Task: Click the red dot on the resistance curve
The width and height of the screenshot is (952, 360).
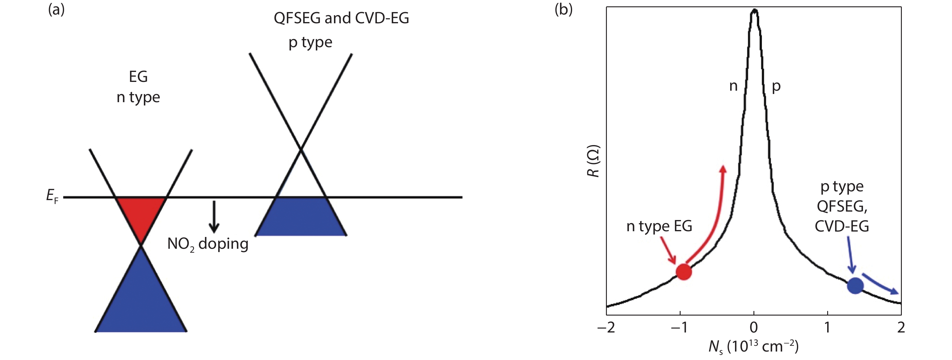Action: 683,272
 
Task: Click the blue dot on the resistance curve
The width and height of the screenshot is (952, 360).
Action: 855,286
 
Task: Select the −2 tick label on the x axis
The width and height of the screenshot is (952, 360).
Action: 606,327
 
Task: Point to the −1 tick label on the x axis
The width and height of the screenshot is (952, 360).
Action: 680,327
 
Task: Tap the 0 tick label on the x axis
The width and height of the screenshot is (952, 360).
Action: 754,327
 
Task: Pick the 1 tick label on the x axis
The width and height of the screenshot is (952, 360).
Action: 827,327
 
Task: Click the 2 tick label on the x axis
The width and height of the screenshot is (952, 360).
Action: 901,327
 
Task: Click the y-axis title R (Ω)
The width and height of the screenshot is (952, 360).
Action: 594,161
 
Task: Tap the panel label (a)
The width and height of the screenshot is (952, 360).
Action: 56,10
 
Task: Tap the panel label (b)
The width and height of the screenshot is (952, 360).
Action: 564,10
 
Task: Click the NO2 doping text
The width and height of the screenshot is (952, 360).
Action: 208,244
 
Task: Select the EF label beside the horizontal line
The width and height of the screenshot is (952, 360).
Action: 52,196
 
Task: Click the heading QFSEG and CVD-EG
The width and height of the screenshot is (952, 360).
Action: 341,18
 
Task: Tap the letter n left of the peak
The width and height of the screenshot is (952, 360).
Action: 733,86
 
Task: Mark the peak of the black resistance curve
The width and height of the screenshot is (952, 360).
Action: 754,10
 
